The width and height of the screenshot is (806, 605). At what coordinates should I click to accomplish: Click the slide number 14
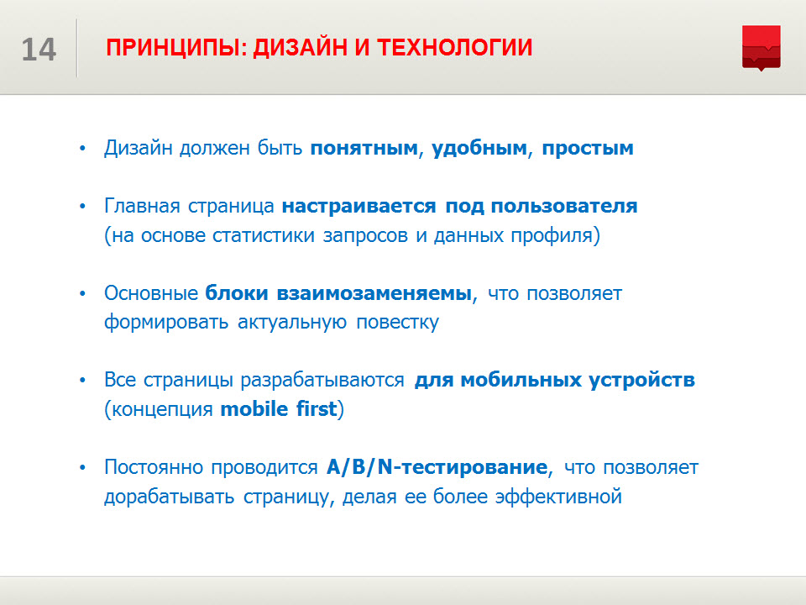39,50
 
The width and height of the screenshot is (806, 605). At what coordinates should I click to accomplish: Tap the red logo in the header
762,48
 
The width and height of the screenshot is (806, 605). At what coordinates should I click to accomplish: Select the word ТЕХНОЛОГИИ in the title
455,47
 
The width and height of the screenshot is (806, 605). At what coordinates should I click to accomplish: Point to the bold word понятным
364,149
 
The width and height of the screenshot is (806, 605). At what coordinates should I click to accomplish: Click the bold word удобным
479,149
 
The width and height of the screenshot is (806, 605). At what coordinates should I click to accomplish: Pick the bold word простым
588,149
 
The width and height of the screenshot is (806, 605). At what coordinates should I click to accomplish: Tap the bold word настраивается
359,207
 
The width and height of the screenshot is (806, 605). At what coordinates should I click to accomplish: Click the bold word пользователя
564,207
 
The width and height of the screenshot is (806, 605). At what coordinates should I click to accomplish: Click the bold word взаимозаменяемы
374,293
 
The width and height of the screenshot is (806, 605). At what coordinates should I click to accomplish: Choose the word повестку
397,323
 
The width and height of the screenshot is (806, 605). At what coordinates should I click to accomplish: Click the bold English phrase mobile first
279,409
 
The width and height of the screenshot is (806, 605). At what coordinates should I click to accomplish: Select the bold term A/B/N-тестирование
437,467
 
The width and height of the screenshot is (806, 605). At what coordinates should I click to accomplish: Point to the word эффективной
558,497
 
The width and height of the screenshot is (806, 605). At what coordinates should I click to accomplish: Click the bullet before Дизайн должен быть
83,149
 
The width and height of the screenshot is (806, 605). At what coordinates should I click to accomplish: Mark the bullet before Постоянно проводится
83,468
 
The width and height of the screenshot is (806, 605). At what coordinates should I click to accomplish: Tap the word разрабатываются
322,381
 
